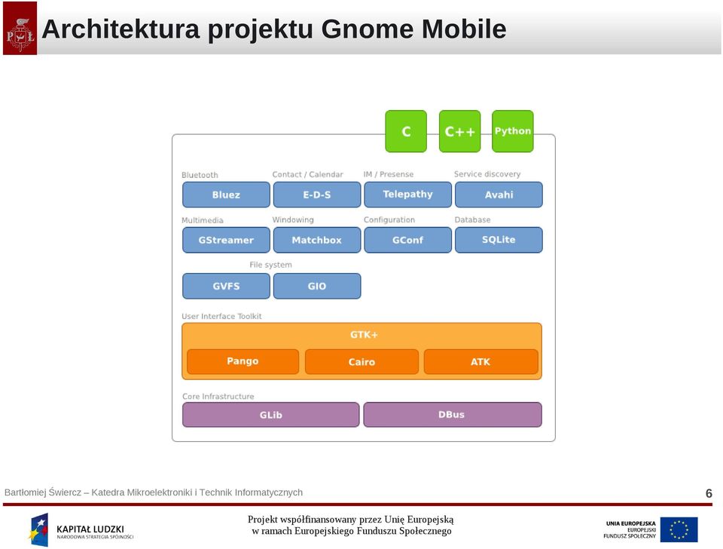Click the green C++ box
[x=459, y=131]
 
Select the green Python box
[x=513, y=131]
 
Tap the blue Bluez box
[x=226, y=195]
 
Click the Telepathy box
[x=407, y=195]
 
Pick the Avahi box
[x=499, y=195]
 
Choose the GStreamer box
[x=226, y=240]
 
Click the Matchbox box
[x=317, y=240]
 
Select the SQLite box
[x=499, y=240]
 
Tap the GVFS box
[x=226, y=286]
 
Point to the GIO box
[x=317, y=286]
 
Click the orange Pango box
[x=243, y=361]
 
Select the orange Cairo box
[x=362, y=361]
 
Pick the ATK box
[x=481, y=361]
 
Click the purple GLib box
[x=270, y=415]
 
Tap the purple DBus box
[x=453, y=415]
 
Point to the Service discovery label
[x=487, y=174]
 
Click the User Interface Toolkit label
[x=221, y=316]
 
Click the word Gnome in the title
[x=367, y=29]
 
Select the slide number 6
[x=709, y=493]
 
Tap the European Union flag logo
[x=679, y=529]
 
